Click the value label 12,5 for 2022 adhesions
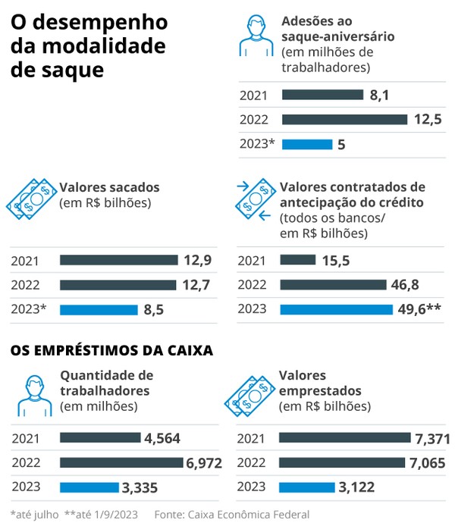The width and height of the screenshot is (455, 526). (x=427, y=120)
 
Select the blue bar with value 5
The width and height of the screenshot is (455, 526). (x=306, y=144)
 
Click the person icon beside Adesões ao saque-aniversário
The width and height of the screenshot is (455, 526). (x=256, y=36)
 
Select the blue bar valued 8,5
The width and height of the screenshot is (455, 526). (x=99, y=309)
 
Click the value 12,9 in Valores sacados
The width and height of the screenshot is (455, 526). (x=197, y=260)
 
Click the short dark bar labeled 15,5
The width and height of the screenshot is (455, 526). (x=297, y=260)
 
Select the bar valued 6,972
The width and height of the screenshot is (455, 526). (x=121, y=462)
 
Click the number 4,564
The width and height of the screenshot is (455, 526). (x=162, y=438)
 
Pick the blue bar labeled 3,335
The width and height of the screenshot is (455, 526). (x=89, y=487)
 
